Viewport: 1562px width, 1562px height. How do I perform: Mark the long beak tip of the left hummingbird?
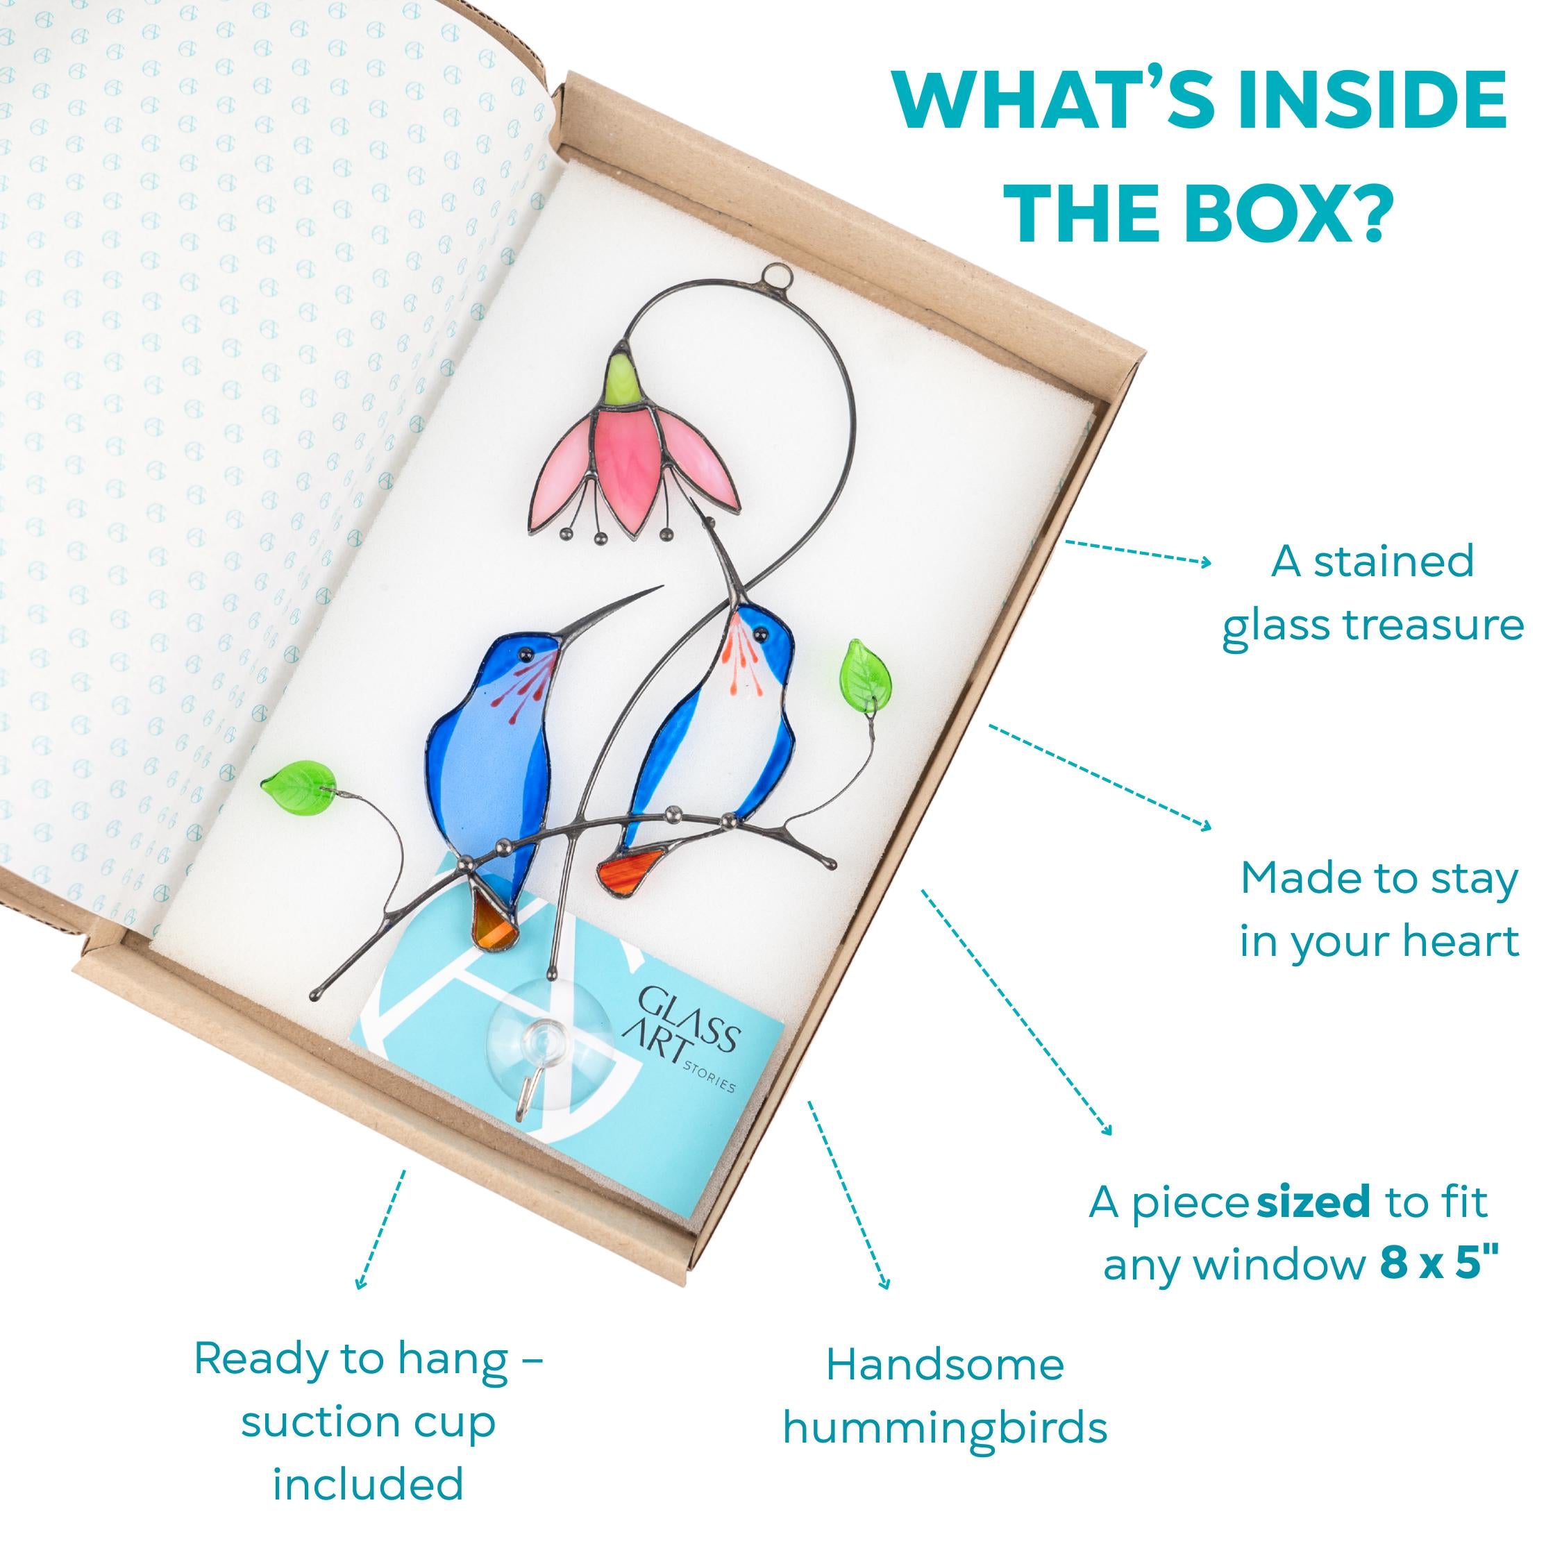[663, 586]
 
